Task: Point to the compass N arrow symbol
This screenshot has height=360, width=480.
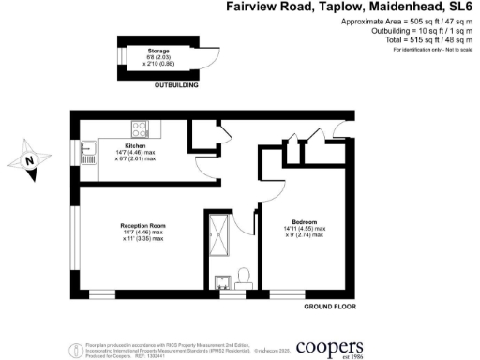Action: coord(31,158)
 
